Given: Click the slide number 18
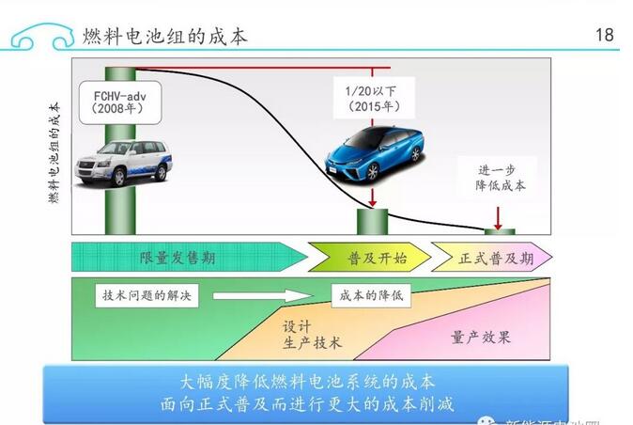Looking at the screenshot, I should point(604,35).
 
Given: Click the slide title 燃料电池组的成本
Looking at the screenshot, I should point(166,36).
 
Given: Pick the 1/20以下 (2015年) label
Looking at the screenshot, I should point(373,97).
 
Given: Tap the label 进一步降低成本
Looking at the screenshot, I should point(499,177).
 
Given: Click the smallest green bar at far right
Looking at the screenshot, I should point(499,231).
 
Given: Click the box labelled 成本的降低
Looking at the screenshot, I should point(371,295).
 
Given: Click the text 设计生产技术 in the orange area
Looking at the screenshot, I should point(311,333).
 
